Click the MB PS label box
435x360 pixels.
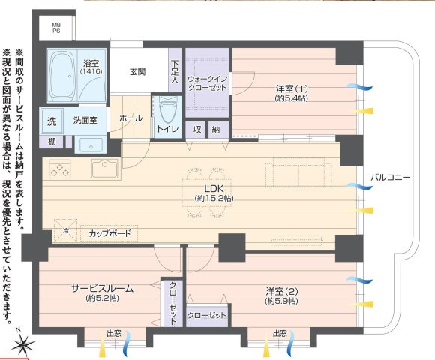pos(56,28)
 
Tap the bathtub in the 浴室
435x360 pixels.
pos(63,76)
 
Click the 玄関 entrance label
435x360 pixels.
pos(137,72)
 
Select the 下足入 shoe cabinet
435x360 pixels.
pos(175,71)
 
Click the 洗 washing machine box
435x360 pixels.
pos(52,120)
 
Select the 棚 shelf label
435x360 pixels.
pos(51,142)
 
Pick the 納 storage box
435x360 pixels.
pos(216,129)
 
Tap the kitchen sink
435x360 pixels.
pos(103,167)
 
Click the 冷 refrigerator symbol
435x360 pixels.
pos(65,231)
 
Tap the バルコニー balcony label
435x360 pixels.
pos(390,178)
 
